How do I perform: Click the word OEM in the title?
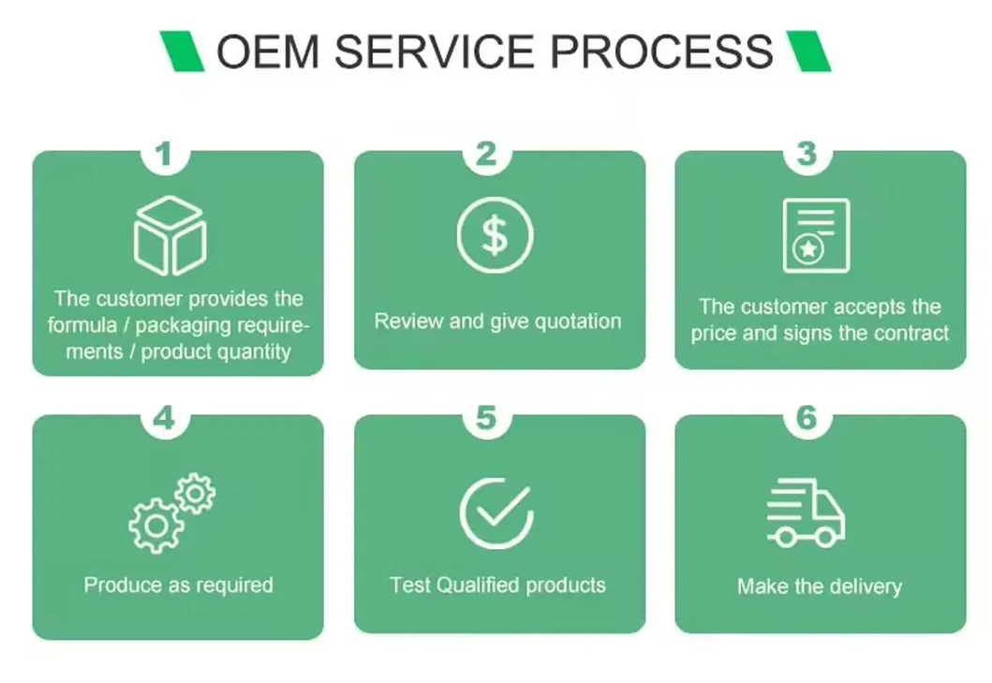point(268,52)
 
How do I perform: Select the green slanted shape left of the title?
point(183,51)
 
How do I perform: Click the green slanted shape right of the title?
point(807,51)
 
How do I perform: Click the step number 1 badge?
point(165,154)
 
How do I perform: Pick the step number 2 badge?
point(486,154)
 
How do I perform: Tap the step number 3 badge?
point(807,154)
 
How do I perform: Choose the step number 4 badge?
point(165,418)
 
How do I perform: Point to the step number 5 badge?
point(486,418)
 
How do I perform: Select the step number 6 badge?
point(807,418)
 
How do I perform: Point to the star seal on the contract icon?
point(807,249)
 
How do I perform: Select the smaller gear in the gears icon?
point(196,493)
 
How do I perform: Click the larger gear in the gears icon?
point(156,526)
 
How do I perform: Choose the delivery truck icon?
point(806,512)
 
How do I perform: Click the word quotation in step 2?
point(578,321)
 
